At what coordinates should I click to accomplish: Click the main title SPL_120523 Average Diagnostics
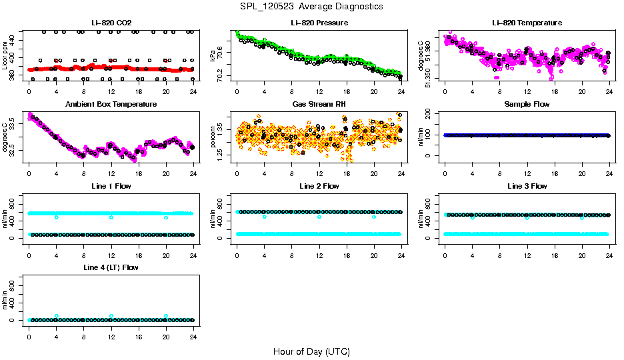tap(312, 6)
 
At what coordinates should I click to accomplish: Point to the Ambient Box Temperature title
tap(111, 105)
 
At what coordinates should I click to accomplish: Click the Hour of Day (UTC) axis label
tap(311, 351)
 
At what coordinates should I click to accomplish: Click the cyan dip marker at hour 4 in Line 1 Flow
tap(57, 217)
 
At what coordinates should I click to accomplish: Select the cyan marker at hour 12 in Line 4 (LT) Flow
tap(111, 316)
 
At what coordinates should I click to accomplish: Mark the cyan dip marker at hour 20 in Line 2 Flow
tap(374, 217)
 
